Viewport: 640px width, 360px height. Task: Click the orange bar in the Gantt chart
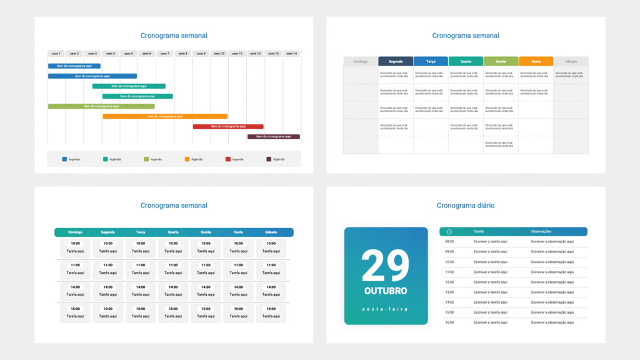coord(165,116)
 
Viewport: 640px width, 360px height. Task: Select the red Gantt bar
coord(228,126)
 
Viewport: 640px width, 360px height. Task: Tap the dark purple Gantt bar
coord(274,136)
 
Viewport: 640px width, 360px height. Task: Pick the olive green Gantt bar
coord(101,106)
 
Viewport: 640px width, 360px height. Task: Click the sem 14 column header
coord(291,54)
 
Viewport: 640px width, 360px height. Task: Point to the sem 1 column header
coord(56,54)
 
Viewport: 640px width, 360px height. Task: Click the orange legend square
coord(187,159)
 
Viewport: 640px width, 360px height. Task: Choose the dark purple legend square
coord(269,159)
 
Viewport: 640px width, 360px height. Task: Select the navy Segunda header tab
coord(396,61)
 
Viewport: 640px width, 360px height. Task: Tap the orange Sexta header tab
coord(536,61)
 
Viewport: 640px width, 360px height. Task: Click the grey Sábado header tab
coord(571,61)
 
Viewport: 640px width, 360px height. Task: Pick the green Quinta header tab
coord(501,61)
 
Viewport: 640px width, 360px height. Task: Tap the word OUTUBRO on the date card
coord(386,291)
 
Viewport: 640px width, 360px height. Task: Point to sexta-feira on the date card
coord(386,309)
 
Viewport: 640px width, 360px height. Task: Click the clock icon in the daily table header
coord(449,232)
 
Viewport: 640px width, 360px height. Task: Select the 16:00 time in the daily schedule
coord(449,322)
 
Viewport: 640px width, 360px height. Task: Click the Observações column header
coord(541,232)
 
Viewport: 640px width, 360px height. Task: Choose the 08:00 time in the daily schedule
coord(449,241)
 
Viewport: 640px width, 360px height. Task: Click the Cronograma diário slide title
coord(466,205)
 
